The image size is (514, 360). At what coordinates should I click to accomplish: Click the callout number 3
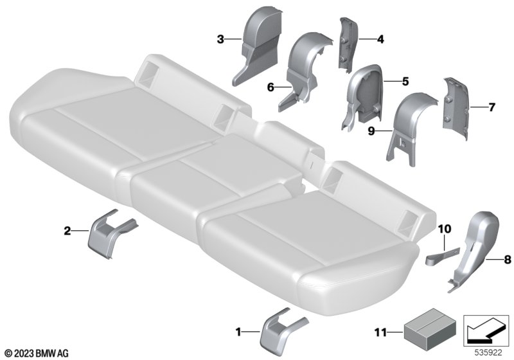220,40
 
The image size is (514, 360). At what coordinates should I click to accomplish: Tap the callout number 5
405,81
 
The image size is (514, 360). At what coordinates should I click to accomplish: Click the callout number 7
492,107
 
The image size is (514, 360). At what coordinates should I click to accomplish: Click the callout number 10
444,228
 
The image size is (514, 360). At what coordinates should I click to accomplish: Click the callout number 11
380,333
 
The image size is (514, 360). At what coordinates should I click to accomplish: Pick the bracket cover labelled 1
281,331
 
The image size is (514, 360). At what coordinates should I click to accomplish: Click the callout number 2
67,231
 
